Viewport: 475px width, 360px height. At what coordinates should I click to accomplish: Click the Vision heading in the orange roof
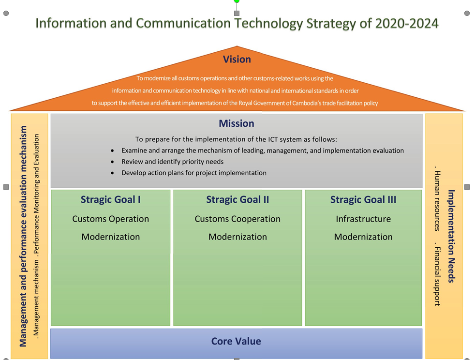point(237,59)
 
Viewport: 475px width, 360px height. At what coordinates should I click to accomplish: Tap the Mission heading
point(237,123)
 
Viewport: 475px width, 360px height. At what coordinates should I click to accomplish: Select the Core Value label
point(236,341)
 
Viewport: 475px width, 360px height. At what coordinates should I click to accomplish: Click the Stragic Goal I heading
point(111,200)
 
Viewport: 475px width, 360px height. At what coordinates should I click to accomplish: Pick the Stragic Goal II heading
point(237,200)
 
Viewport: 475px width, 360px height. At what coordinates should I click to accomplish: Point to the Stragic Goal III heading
point(363,200)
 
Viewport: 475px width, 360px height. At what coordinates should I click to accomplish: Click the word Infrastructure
point(363,219)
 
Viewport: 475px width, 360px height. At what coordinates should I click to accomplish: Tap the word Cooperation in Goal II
point(256,219)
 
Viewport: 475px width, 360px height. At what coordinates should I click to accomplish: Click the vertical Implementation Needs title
point(451,236)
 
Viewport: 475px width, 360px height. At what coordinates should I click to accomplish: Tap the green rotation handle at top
point(237,1)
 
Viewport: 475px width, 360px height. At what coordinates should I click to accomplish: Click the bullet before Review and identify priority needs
point(112,162)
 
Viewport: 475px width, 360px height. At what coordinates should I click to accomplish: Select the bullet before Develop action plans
point(112,173)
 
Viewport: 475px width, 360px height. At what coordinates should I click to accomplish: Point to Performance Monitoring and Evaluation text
point(36,194)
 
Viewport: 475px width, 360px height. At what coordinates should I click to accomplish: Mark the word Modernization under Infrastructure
point(363,237)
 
